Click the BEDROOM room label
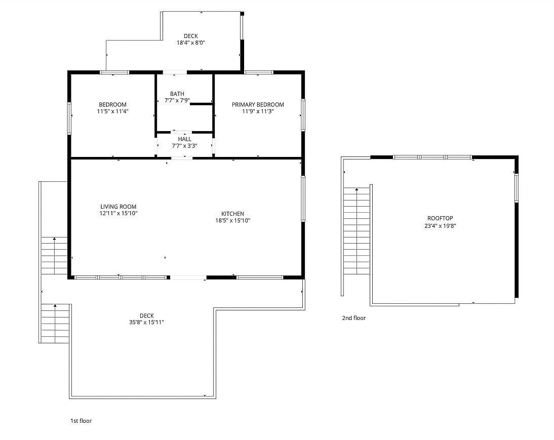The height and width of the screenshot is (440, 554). tap(112, 104)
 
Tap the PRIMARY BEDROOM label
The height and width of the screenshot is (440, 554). tap(258, 104)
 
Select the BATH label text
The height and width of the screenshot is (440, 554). tap(177, 94)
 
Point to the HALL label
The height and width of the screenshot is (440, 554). tap(184, 139)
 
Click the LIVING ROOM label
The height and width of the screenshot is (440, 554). tap(118, 207)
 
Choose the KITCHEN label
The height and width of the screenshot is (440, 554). tap(232, 214)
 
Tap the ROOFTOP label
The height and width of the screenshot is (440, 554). tap(440, 219)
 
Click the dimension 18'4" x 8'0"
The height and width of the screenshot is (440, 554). tap(191, 43)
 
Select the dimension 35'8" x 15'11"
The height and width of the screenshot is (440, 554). tap(147, 322)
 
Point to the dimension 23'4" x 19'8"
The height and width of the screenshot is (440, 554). tap(440, 226)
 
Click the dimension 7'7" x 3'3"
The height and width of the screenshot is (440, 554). tap(184, 146)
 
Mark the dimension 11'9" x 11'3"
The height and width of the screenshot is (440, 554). tap(258, 111)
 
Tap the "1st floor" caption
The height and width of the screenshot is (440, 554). tap(81, 421)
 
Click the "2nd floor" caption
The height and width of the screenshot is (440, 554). tap(353, 318)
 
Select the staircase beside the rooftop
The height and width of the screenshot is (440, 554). tap(357, 231)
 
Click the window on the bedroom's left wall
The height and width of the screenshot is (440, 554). tap(69, 118)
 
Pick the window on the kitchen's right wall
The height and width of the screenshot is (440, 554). tap(303, 198)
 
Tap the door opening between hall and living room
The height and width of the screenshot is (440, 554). tap(182, 158)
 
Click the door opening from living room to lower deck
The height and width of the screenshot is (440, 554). tap(188, 277)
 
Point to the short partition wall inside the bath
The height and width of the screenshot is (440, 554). tap(202, 104)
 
